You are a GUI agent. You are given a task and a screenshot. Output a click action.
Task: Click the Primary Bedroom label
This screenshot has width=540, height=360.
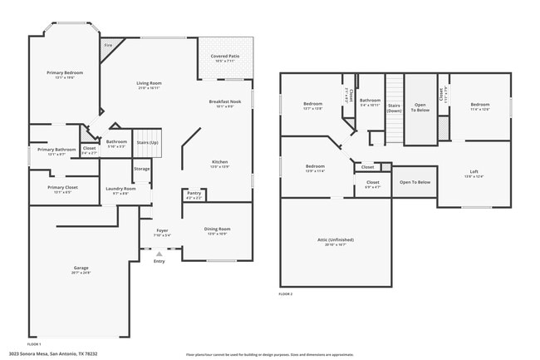click(59, 72)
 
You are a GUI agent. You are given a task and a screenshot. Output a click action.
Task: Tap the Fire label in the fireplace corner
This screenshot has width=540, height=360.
click(107, 45)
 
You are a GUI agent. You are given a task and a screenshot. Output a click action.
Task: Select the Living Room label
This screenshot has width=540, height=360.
click(149, 83)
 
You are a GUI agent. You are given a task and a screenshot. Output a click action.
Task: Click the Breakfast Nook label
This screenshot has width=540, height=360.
click(224, 101)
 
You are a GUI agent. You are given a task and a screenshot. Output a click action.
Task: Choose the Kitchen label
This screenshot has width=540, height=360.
click(219, 161)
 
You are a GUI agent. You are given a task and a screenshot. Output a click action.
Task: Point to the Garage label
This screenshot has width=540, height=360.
click(81, 268)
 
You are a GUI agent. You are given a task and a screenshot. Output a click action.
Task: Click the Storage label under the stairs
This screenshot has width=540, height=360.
click(142, 169)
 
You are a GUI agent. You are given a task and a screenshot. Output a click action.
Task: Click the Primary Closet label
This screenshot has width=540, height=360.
click(62, 187)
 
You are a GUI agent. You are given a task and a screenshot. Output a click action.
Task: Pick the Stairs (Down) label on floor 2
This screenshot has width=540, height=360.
click(394, 106)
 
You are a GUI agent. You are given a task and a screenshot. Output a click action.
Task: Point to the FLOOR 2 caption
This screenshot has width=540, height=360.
click(286, 294)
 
